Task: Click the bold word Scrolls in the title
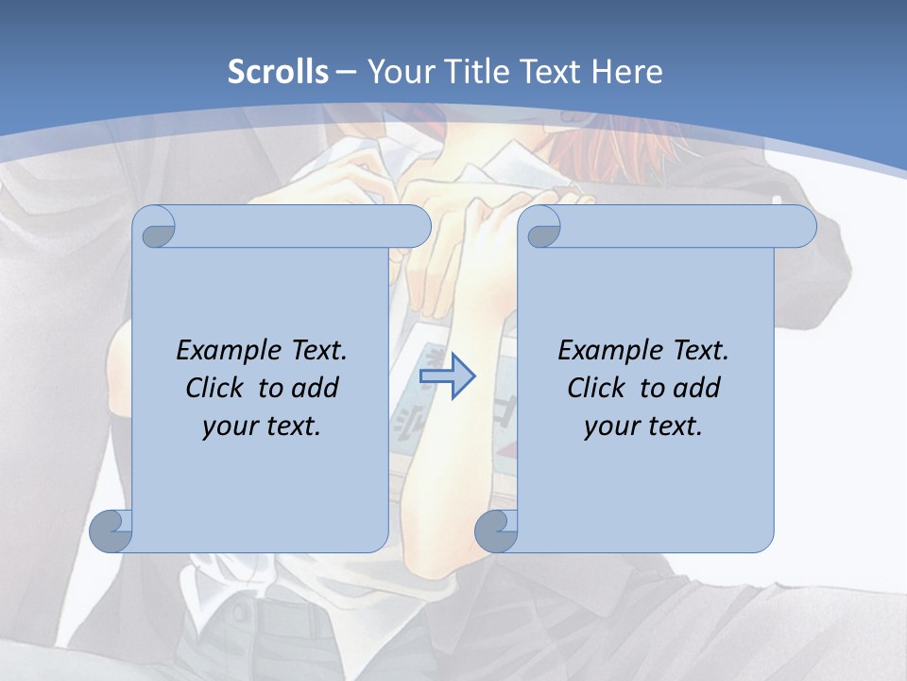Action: [x=279, y=72]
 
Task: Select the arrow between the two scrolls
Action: [x=447, y=376]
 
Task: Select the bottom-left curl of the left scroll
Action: [x=111, y=531]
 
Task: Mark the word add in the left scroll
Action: [x=316, y=388]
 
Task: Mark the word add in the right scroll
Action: [x=697, y=388]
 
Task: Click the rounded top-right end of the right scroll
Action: [x=799, y=226]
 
